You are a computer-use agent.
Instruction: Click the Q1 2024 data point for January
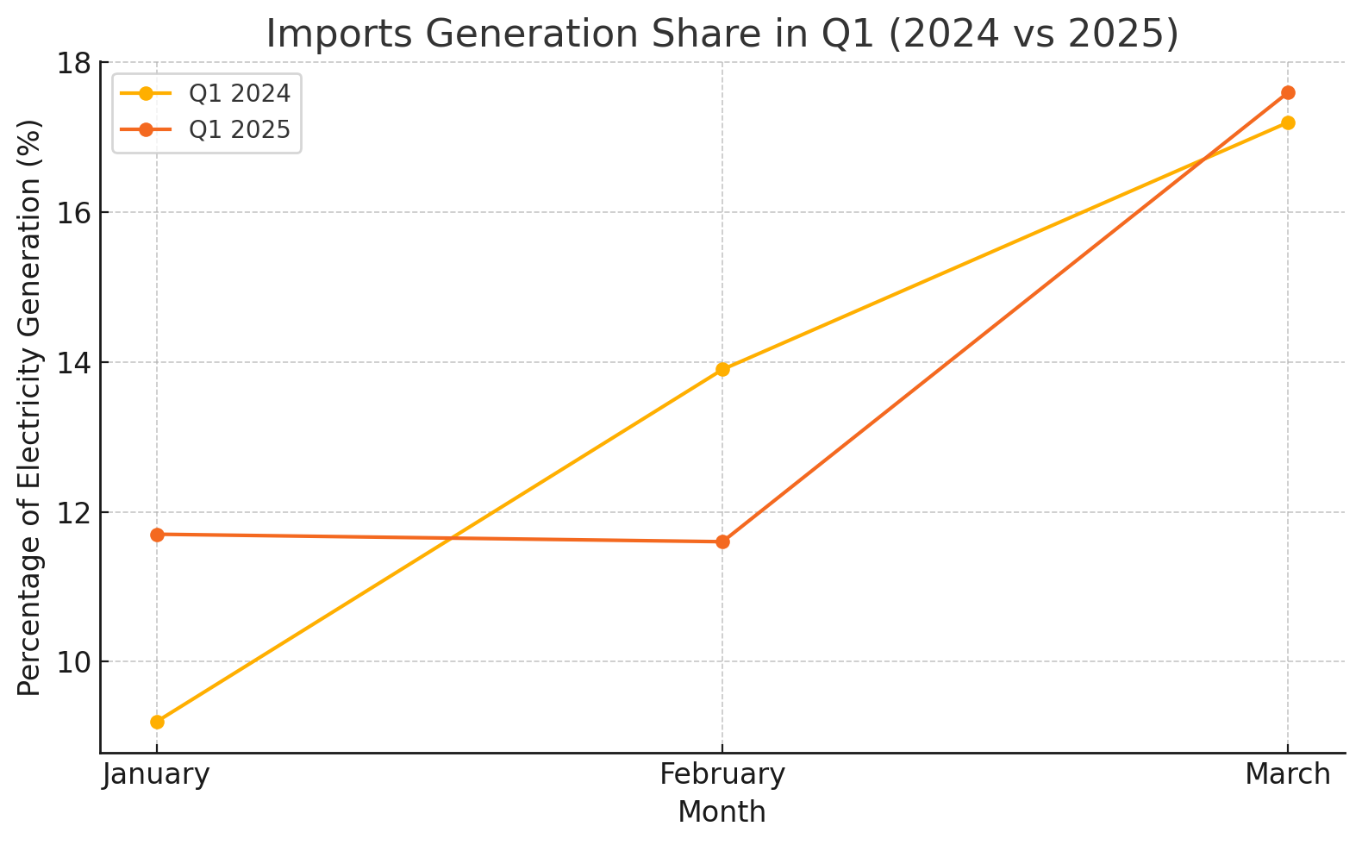[x=157, y=722]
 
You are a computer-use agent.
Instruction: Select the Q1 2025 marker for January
[x=157, y=535]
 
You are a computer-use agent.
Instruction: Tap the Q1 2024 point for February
[x=722, y=370]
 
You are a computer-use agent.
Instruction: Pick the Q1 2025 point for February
[x=722, y=541]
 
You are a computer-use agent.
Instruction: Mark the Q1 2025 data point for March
[x=1288, y=92]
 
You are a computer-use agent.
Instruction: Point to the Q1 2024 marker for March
[x=1288, y=122]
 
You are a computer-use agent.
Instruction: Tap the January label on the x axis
[x=156, y=774]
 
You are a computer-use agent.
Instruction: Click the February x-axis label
[x=722, y=774]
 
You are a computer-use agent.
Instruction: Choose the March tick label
[x=1288, y=774]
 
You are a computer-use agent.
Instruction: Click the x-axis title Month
[x=722, y=812]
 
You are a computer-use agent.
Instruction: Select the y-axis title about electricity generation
[x=30, y=407]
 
